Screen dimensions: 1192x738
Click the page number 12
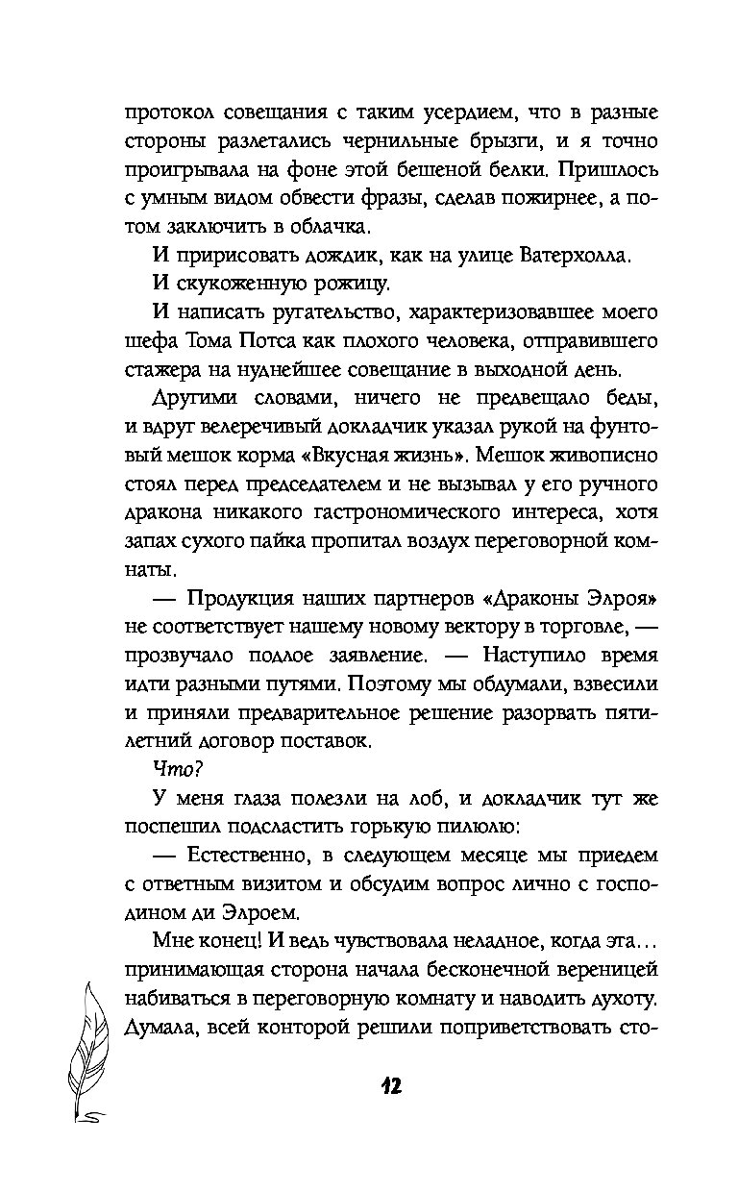[x=389, y=1086]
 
